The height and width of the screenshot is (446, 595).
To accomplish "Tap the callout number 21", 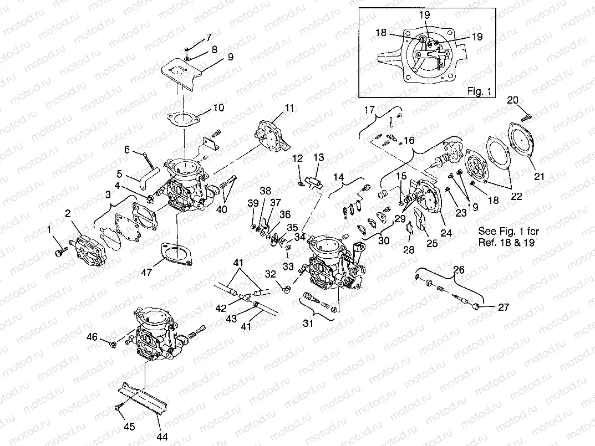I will click(538, 177).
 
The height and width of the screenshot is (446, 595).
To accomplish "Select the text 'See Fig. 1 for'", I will click(508, 231).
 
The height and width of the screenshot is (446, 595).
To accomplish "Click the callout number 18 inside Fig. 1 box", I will click(380, 33).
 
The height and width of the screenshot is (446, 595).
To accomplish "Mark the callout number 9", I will click(215, 58).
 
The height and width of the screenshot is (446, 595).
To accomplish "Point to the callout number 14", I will click(339, 178).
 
